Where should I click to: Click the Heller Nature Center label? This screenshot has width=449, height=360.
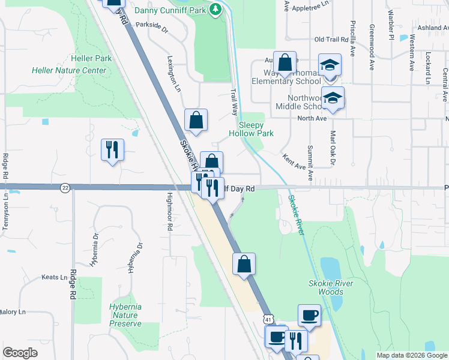tap(69, 70)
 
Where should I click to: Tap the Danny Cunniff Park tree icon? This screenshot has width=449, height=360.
tap(216, 10)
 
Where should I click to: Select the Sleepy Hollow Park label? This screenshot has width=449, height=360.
tap(247, 129)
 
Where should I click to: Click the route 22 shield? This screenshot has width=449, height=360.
tap(64, 188)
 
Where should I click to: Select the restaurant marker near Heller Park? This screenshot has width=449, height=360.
tap(112, 149)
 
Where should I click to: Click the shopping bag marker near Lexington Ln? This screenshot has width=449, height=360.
tap(196, 120)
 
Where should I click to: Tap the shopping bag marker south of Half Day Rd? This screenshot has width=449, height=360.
tap(244, 264)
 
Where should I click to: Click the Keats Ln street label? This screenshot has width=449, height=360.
tap(55, 277)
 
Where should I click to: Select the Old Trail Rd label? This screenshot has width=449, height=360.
tap(331, 40)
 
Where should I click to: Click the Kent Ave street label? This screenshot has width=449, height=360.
tap(294, 160)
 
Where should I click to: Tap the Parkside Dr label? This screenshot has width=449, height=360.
tap(152, 25)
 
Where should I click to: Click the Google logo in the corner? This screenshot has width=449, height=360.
tap(20, 353)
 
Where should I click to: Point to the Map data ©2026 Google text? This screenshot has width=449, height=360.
tap(412, 355)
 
